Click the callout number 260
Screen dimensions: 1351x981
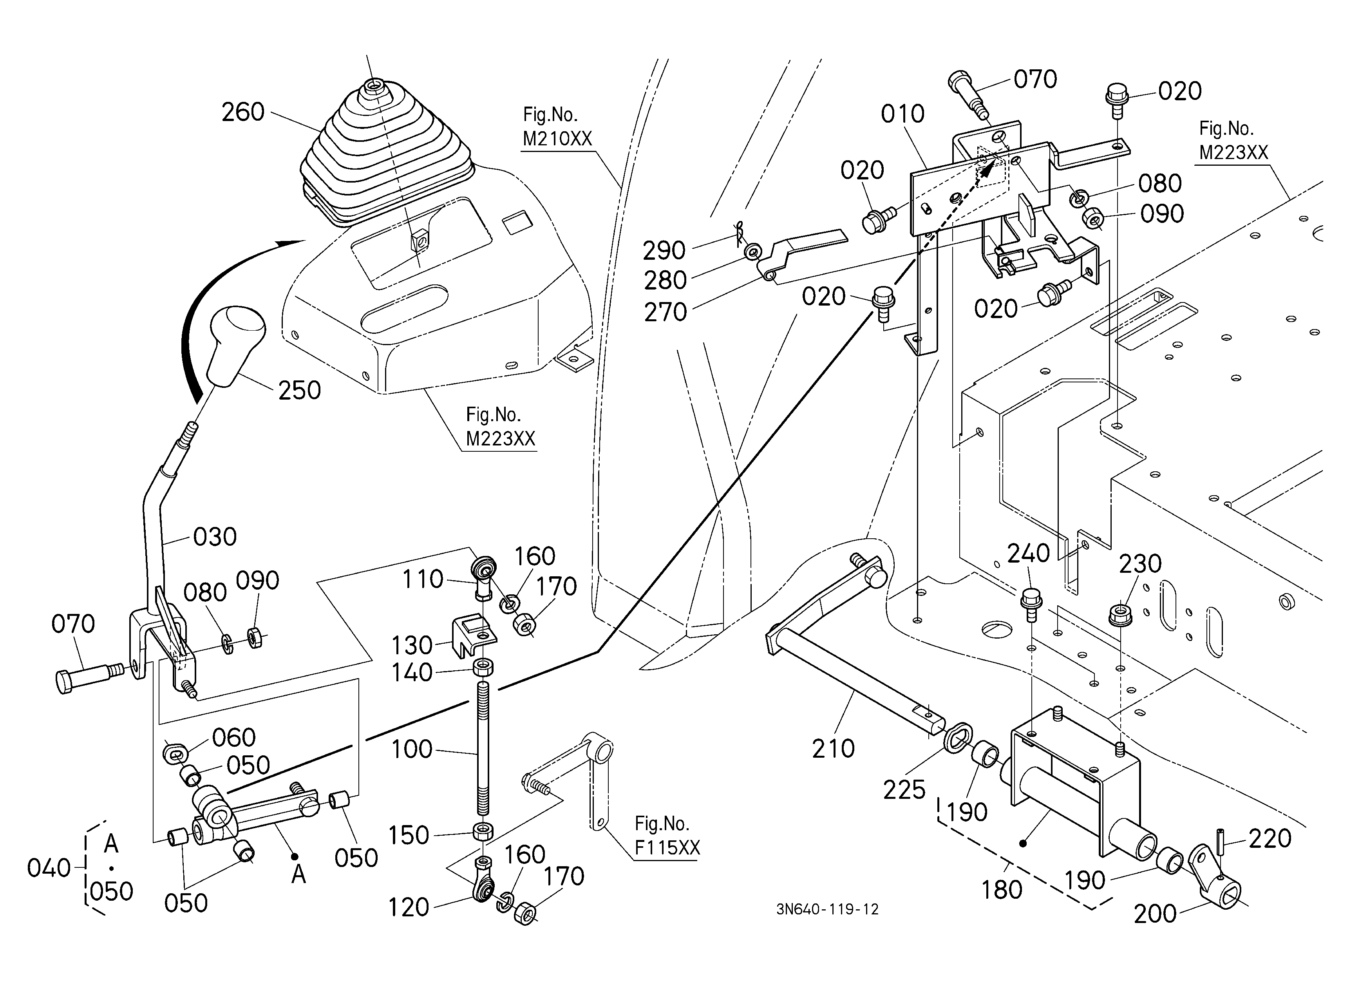point(243,112)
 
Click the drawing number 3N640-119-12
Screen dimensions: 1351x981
point(827,909)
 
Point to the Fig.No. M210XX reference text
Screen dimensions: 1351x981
point(557,126)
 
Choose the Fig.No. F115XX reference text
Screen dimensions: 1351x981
point(667,835)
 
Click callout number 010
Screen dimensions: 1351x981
point(902,114)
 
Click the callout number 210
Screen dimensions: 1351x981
point(833,748)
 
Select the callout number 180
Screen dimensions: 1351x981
point(1002,890)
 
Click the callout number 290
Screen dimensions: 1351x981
point(664,251)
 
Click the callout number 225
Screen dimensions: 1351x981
point(904,790)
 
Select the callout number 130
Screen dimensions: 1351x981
point(412,645)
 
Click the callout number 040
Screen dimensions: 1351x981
point(49,869)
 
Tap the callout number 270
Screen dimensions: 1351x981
point(666,312)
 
